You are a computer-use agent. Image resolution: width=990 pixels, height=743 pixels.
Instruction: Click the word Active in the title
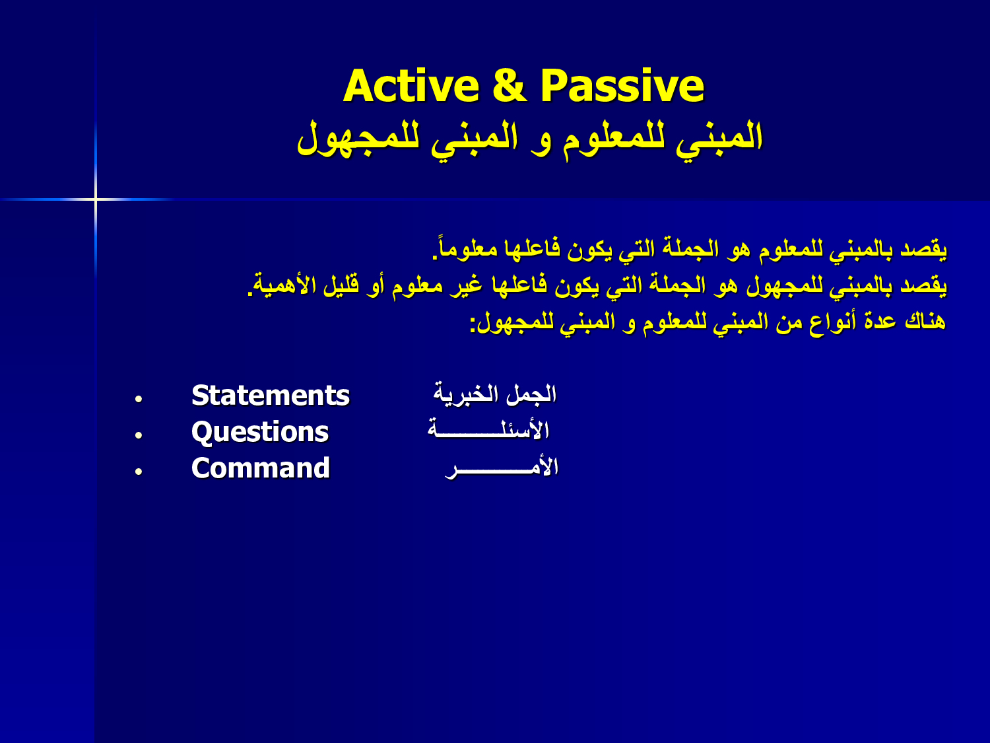point(411,86)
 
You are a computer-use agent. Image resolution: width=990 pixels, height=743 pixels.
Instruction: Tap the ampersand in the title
point(510,86)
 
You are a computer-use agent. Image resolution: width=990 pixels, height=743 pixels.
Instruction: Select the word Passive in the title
point(622,86)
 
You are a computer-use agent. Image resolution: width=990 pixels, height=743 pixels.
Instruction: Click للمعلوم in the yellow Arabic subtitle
point(614,137)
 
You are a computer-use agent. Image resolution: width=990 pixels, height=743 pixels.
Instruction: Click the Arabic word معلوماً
point(465,248)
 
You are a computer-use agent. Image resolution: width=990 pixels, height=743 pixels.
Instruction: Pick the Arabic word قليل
point(341,285)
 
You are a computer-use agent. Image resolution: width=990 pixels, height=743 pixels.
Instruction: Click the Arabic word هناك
point(925,321)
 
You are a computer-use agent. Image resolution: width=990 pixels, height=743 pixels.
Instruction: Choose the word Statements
point(271,396)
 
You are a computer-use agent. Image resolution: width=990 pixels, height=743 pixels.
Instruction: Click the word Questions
point(260,432)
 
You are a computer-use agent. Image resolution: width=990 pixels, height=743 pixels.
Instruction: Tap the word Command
point(261,468)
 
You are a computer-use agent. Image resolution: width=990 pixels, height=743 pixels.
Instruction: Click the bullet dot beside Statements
point(139,399)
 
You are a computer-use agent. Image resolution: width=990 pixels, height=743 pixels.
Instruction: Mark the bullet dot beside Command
point(139,471)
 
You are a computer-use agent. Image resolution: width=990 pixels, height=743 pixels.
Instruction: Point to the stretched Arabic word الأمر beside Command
point(502,466)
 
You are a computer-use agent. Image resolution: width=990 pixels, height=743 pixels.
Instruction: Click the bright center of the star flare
point(96,199)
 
